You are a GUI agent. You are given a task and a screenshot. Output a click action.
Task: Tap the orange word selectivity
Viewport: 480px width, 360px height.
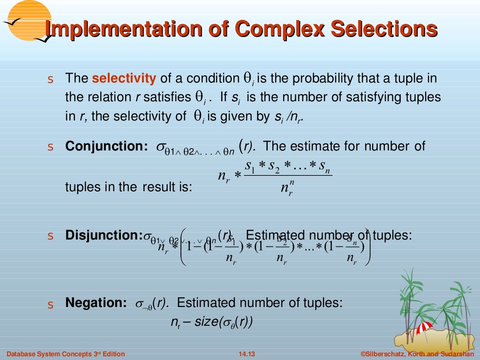[x=124, y=78]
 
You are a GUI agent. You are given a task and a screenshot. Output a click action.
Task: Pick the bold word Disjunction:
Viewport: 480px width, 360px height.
[x=104, y=235]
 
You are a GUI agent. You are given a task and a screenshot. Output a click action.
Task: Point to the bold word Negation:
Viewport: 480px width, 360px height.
[x=96, y=303]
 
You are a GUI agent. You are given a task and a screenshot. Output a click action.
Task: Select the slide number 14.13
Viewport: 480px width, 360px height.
[x=243, y=354]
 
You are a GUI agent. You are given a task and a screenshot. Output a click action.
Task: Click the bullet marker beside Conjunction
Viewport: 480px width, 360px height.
[x=51, y=147]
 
